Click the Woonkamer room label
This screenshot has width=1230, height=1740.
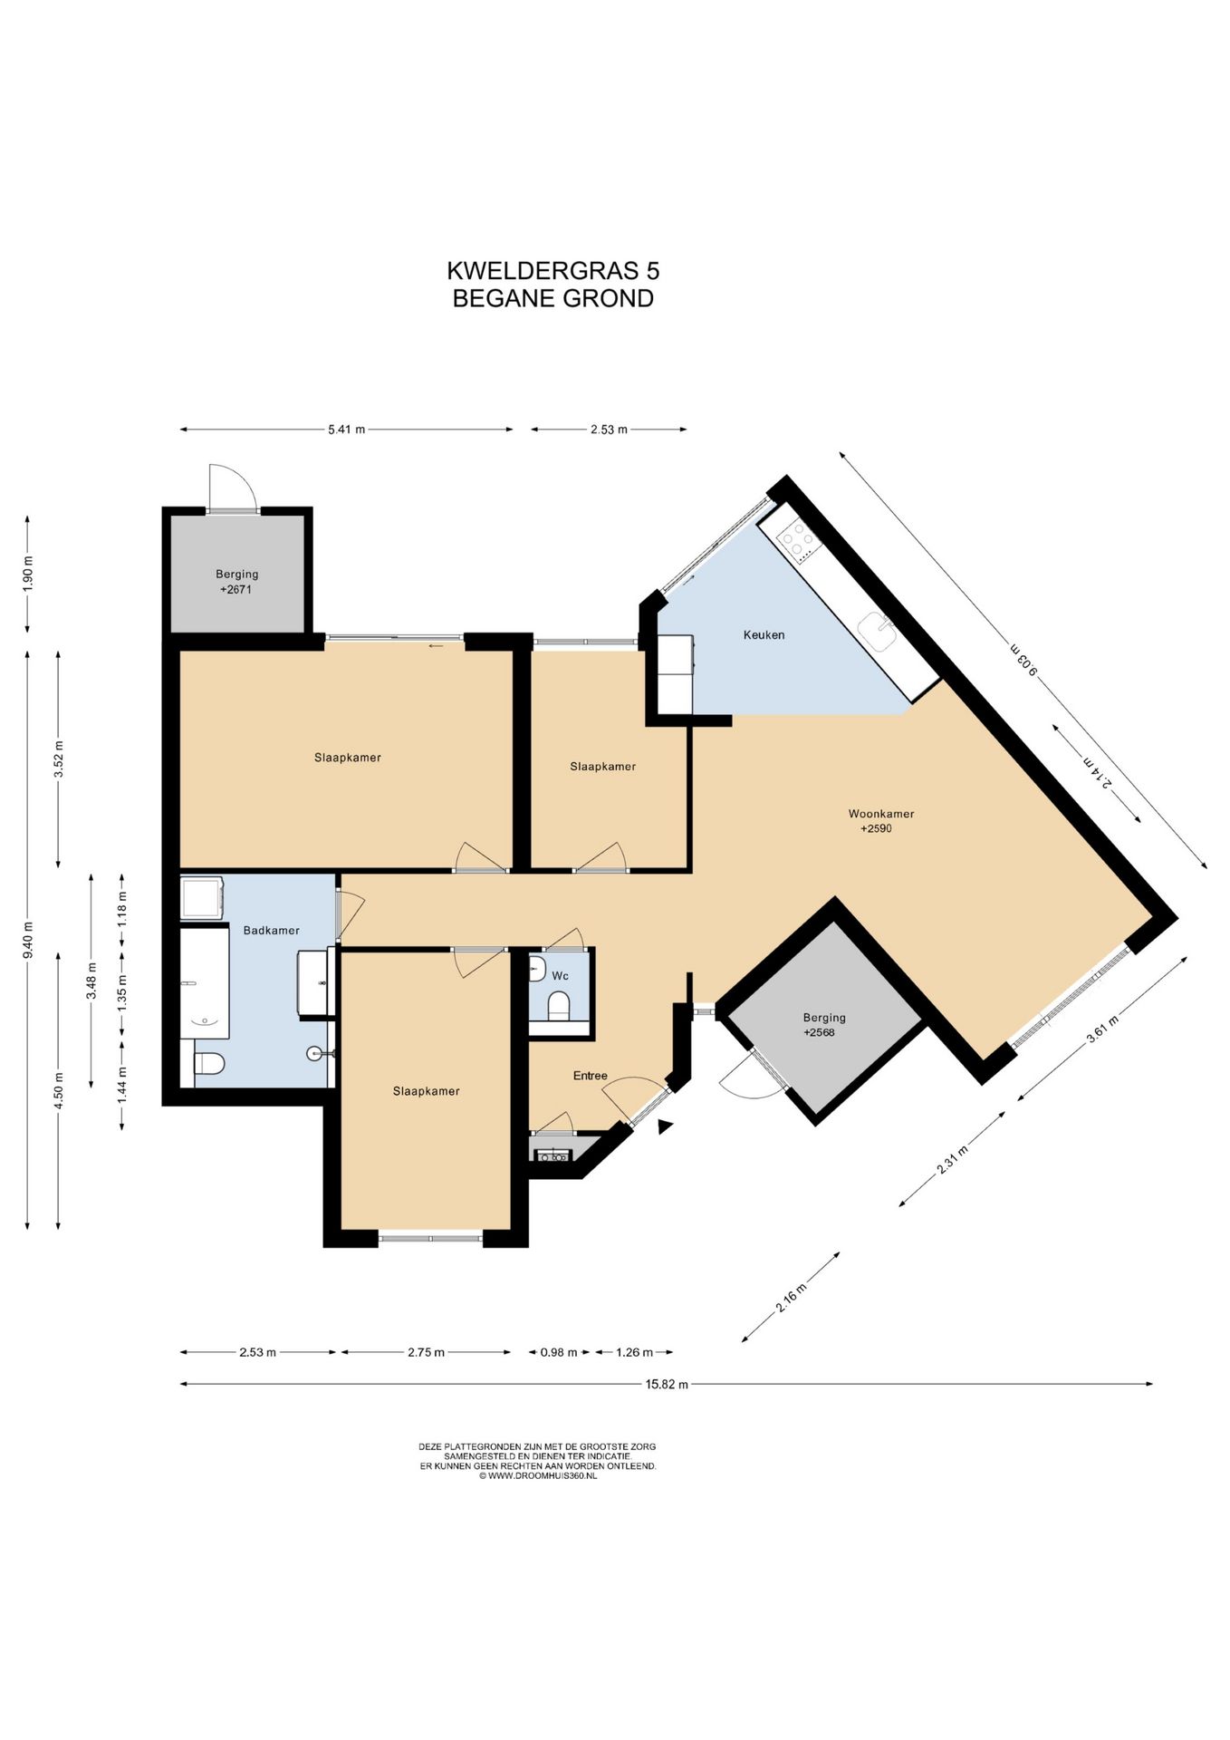(880, 814)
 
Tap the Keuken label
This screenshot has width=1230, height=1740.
(764, 635)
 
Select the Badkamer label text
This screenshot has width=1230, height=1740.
(271, 931)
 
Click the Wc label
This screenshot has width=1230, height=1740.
(560, 976)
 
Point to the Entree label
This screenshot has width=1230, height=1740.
(590, 1076)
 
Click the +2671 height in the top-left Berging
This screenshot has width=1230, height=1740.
(235, 590)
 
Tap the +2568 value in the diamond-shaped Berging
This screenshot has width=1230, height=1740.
(819, 1032)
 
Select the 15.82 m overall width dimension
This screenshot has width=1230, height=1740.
(666, 1384)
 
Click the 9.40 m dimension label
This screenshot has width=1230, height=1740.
(28, 940)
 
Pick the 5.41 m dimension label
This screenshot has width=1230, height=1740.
(347, 430)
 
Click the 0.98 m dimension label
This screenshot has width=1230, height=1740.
(559, 1352)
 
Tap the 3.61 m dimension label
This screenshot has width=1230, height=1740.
(1102, 1029)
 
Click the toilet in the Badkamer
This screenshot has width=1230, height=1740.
(208, 1063)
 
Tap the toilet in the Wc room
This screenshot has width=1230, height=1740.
(559, 1005)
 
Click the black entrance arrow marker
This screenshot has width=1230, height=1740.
(666, 1126)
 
